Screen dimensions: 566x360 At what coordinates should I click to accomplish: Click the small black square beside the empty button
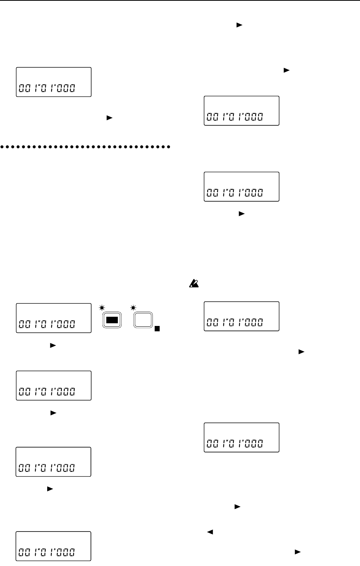pyautogui.click(x=157, y=329)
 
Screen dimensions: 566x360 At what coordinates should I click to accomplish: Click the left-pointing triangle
pyautogui.click(x=210, y=532)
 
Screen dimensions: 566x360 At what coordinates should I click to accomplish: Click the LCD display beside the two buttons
pyautogui.click(x=54, y=318)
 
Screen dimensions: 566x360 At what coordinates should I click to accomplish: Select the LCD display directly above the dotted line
pyautogui.click(x=54, y=82)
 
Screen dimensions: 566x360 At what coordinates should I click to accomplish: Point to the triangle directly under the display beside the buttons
pyautogui.click(x=53, y=346)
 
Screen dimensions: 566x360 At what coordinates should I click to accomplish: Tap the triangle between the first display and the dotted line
pyautogui.click(x=109, y=118)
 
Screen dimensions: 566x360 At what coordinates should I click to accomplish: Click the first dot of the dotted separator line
pyautogui.click(x=2, y=146)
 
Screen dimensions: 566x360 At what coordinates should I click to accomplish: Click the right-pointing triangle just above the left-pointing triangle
pyautogui.click(x=237, y=507)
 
